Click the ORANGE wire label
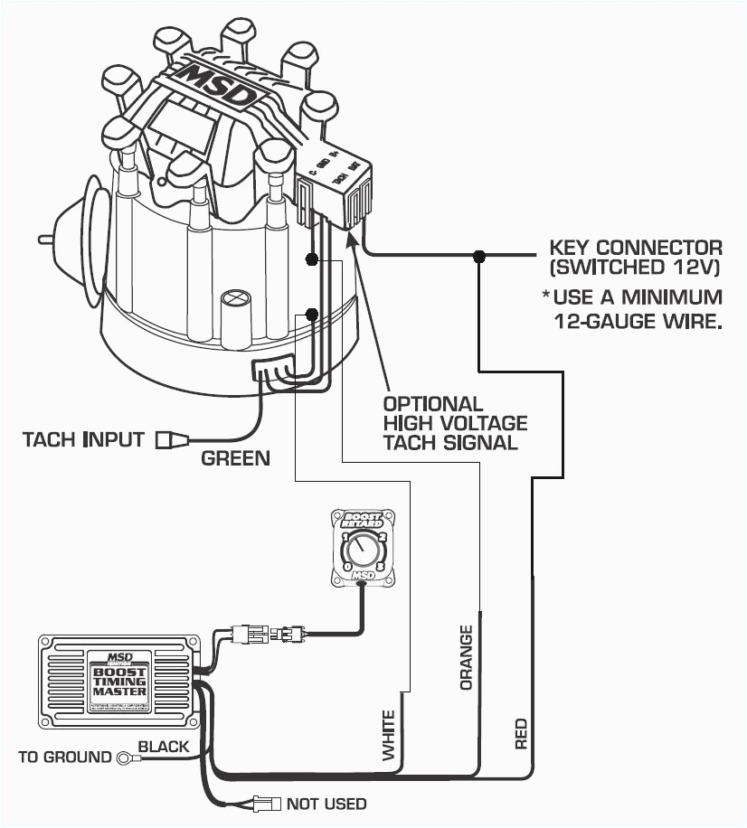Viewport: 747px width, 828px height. (x=467, y=657)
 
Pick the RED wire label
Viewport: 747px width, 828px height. (x=521, y=734)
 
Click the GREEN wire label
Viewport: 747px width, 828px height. (x=235, y=458)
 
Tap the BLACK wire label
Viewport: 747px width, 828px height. (x=164, y=747)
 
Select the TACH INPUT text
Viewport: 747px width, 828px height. (x=83, y=440)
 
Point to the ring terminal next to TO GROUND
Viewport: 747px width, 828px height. (x=125, y=757)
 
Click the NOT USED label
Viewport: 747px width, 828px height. (x=326, y=804)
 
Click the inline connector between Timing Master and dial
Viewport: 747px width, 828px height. (x=269, y=635)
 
